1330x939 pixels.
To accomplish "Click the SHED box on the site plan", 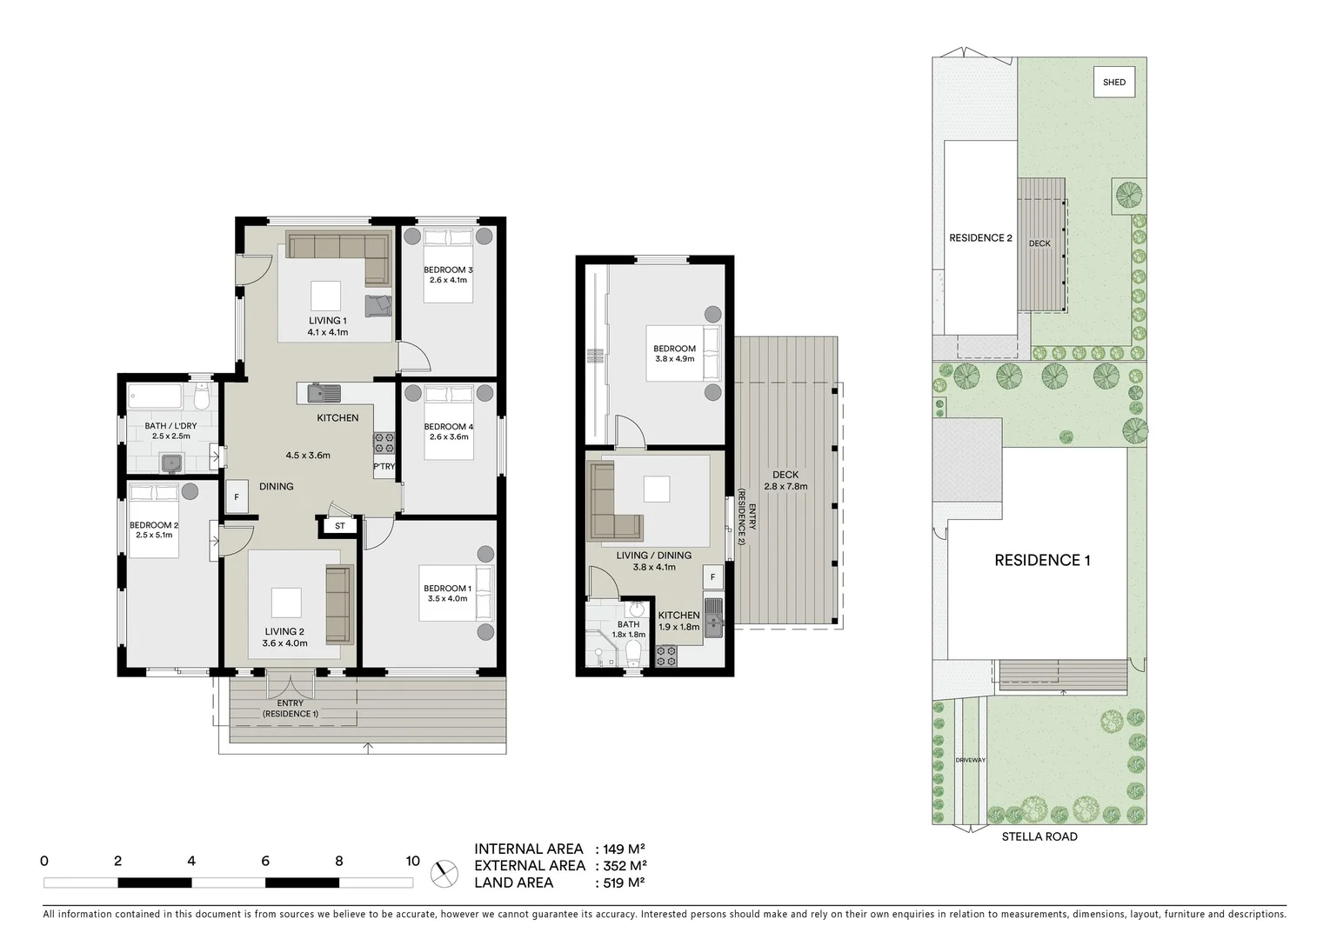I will pyautogui.click(x=1114, y=83).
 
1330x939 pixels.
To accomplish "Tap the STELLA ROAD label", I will pyautogui.click(x=1039, y=836).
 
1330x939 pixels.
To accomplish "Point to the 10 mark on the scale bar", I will pyautogui.click(x=412, y=862).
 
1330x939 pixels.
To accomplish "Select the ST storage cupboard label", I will pyautogui.click(x=339, y=526).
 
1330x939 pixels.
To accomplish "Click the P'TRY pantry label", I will pyautogui.click(x=384, y=467).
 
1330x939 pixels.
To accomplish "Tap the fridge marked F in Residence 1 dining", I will pyautogui.click(x=237, y=498).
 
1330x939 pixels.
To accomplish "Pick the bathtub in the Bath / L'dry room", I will pyautogui.click(x=156, y=398).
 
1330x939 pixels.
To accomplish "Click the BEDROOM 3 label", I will pyautogui.click(x=448, y=270).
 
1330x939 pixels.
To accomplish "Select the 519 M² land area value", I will pyautogui.click(x=624, y=882).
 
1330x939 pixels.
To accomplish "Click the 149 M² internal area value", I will pyautogui.click(x=624, y=849).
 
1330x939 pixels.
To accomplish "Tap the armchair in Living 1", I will pyautogui.click(x=378, y=307).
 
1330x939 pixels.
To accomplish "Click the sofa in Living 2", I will pyautogui.click(x=338, y=604).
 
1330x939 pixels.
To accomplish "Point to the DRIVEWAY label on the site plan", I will pyautogui.click(x=970, y=760).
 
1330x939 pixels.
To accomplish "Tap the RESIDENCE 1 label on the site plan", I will pyautogui.click(x=1041, y=560).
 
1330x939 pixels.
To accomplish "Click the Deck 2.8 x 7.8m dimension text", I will pyautogui.click(x=785, y=486).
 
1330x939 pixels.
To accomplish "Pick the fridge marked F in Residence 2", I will pyautogui.click(x=712, y=576).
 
